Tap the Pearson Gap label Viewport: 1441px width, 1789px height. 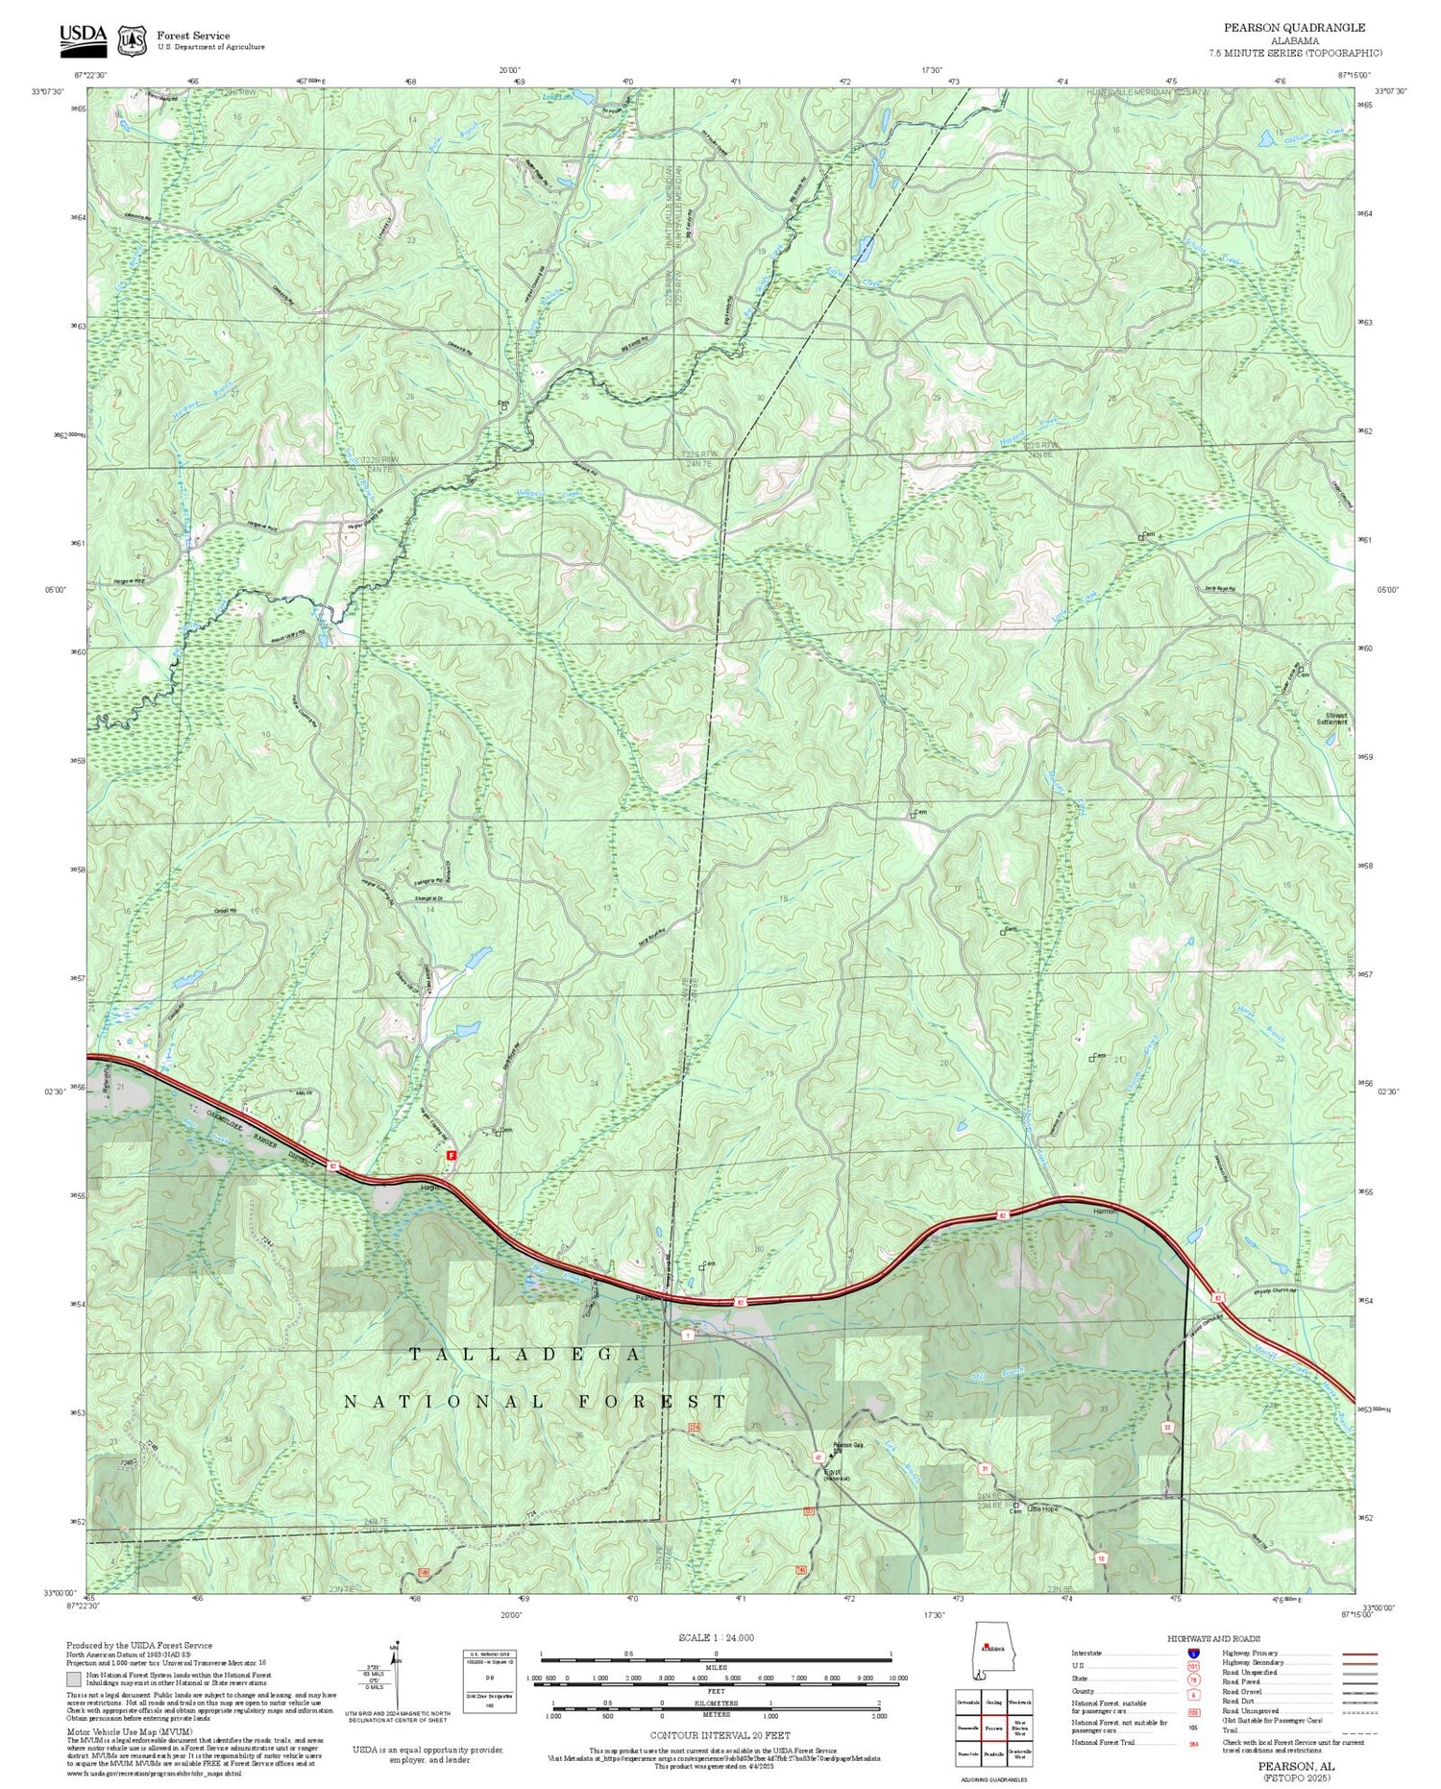pyautogui.click(x=848, y=1445)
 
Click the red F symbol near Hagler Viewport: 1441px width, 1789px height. pyautogui.click(x=452, y=1159)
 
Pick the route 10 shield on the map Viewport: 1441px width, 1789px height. pyautogui.click(x=1101, y=1557)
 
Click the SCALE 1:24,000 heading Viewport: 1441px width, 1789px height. pyautogui.click(x=716, y=1637)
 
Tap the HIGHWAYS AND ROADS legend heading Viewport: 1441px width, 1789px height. pyautogui.click(x=1213, y=1638)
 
